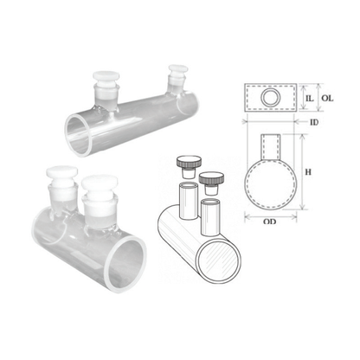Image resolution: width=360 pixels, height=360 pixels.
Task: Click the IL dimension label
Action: tap(309, 98)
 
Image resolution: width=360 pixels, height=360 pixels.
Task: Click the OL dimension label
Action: tap(327, 98)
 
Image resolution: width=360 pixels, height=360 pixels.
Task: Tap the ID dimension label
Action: tap(314, 122)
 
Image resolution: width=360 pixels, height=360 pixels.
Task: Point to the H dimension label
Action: tap(308, 172)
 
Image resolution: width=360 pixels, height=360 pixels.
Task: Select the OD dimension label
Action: tap(270, 222)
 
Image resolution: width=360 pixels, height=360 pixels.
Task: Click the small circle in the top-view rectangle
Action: tap(271, 97)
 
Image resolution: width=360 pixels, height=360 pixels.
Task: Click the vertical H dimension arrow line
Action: tap(302, 172)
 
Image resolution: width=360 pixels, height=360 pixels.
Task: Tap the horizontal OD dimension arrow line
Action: tap(271, 216)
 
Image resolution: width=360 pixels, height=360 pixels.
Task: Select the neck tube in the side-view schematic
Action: tap(271, 146)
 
